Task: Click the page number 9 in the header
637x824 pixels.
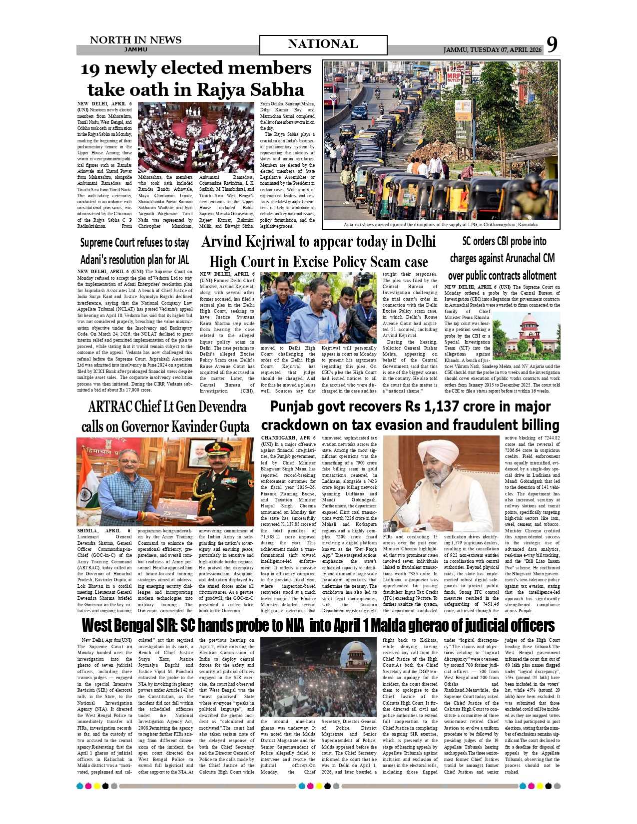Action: click(x=552, y=44)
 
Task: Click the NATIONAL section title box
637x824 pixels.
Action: click(x=323, y=44)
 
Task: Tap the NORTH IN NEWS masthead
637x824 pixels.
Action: click(x=135, y=40)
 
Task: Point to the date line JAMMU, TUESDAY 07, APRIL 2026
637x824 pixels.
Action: click(x=492, y=50)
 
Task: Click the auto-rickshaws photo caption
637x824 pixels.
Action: click(x=441, y=225)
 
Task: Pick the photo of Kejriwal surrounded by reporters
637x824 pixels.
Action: click(x=318, y=308)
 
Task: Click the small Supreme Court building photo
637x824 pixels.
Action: click(x=526, y=336)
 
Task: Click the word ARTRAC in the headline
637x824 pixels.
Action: click(x=111, y=407)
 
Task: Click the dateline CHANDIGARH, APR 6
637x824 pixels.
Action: click(x=288, y=438)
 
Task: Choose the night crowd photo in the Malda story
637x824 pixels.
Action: click(x=318, y=677)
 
